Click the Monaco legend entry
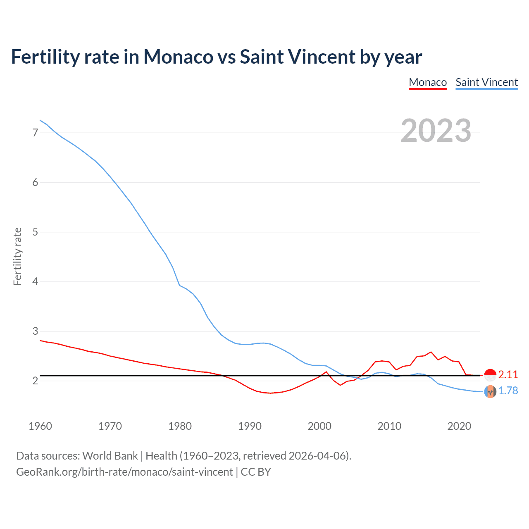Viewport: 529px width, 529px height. (x=428, y=82)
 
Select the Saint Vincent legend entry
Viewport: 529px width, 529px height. (x=486, y=82)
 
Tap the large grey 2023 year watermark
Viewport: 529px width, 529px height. (x=436, y=131)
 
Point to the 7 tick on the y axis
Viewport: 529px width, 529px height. (x=35, y=133)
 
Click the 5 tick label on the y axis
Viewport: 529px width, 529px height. (x=35, y=232)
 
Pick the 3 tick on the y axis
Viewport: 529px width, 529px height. (x=35, y=331)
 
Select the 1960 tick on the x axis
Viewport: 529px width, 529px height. (x=40, y=426)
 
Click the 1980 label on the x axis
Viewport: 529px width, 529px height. (x=180, y=426)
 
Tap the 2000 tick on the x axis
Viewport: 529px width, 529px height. (x=319, y=426)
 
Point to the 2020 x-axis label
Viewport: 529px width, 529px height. (x=459, y=426)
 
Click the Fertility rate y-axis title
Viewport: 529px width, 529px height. (x=17, y=256)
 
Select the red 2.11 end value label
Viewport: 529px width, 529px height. (x=508, y=375)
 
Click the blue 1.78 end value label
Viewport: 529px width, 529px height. (x=508, y=391)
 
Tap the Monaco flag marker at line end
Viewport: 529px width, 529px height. (x=490, y=375)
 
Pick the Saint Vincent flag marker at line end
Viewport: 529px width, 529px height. (x=490, y=391)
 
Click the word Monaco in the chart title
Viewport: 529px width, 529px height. (x=178, y=57)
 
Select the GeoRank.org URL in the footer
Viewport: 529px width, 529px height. (x=124, y=472)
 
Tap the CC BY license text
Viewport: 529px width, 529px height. (x=256, y=472)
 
